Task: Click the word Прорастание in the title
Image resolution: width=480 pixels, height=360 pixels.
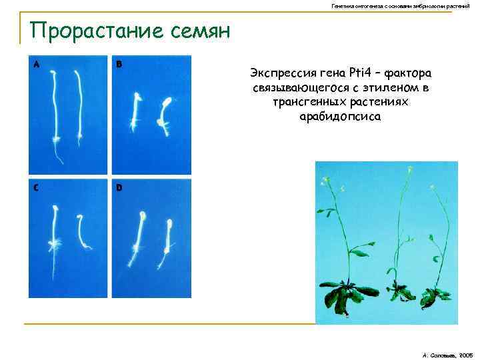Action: [x=94, y=31]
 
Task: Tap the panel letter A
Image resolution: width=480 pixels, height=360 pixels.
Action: [x=35, y=65]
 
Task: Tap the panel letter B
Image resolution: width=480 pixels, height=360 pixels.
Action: [x=119, y=65]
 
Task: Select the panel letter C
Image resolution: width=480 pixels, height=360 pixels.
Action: [x=35, y=187]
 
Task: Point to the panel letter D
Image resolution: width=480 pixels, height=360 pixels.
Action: [x=119, y=188]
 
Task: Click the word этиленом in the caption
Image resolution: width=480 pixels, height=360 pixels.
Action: [x=378, y=87]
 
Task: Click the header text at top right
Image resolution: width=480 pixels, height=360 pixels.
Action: [x=405, y=6]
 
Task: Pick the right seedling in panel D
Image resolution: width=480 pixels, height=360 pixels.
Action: [x=167, y=237]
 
